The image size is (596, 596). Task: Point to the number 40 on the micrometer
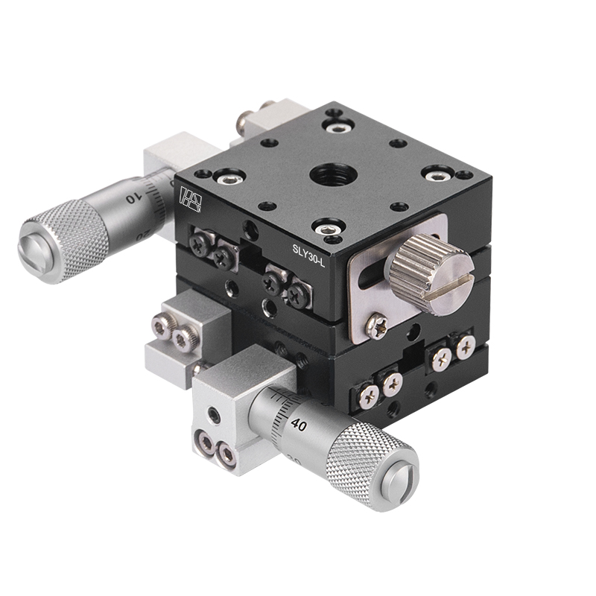click(299, 425)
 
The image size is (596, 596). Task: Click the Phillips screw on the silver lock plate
click(377, 322)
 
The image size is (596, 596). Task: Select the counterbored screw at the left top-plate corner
click(226, 177)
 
